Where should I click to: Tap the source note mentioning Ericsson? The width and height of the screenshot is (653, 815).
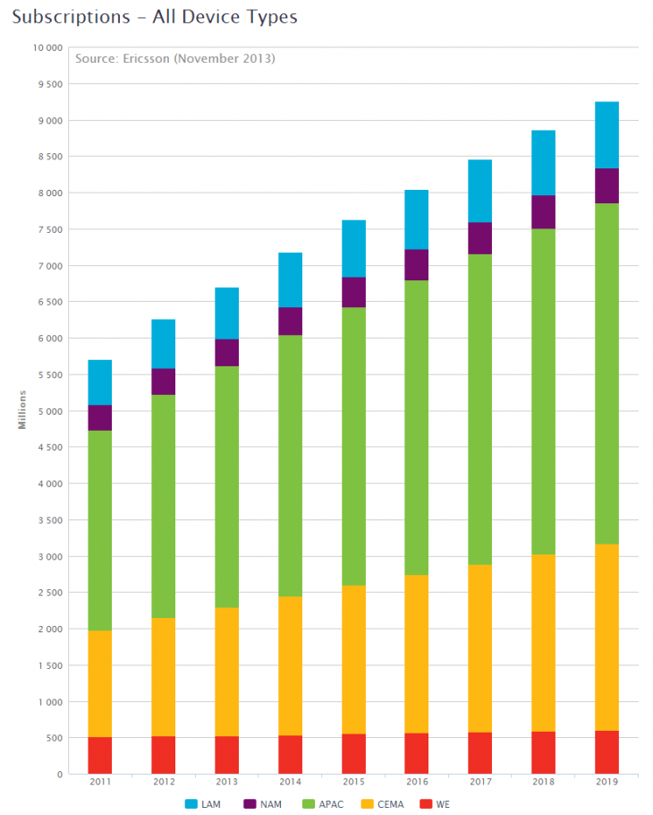click(x=174, y=58)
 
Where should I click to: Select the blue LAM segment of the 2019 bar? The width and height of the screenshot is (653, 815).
click(x=606, y=134)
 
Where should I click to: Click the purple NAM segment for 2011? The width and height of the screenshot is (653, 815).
click(x=99, y=417)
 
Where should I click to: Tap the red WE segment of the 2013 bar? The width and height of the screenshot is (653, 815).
click(x=226, y=755)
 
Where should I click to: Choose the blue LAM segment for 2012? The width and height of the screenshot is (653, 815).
click(x=163, y=344)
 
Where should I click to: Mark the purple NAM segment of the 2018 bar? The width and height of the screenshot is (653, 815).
click(x=543, y=211)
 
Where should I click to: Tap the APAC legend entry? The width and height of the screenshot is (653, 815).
click(x=325, y=803)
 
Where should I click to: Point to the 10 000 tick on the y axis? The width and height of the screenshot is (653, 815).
click(x=47, y=47)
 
